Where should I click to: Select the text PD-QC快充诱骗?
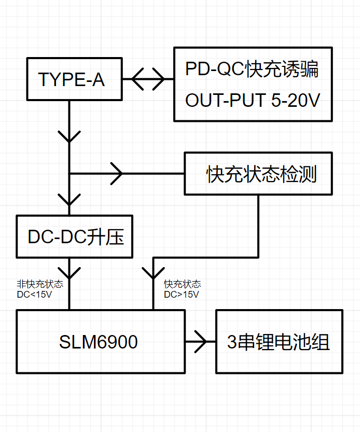[252, 69]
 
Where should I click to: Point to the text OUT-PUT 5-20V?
[252, 101]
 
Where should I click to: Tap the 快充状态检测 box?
[258, 174]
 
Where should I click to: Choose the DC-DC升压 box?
[75, 237]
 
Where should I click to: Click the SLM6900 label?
[99, 342]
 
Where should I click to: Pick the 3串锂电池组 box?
[279, 342]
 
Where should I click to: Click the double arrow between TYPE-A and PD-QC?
[148, 80]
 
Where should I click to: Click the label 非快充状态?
[40, 284]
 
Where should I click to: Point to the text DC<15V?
[34, 294]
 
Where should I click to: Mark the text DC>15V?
[182, 294]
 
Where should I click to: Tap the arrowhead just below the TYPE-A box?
[70, 136]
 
